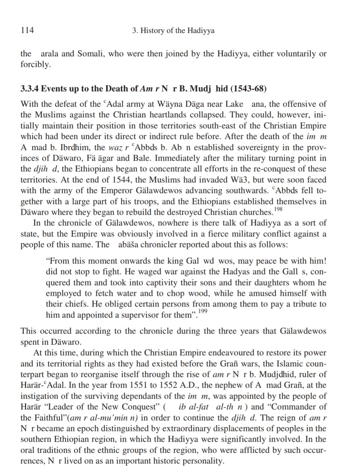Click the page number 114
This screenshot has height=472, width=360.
point(27,30)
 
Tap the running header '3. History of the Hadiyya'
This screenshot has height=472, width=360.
point(173,31)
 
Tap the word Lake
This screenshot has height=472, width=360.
point(234,104)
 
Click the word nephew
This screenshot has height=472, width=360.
point(230,385)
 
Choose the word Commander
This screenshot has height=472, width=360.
point(294,407)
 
